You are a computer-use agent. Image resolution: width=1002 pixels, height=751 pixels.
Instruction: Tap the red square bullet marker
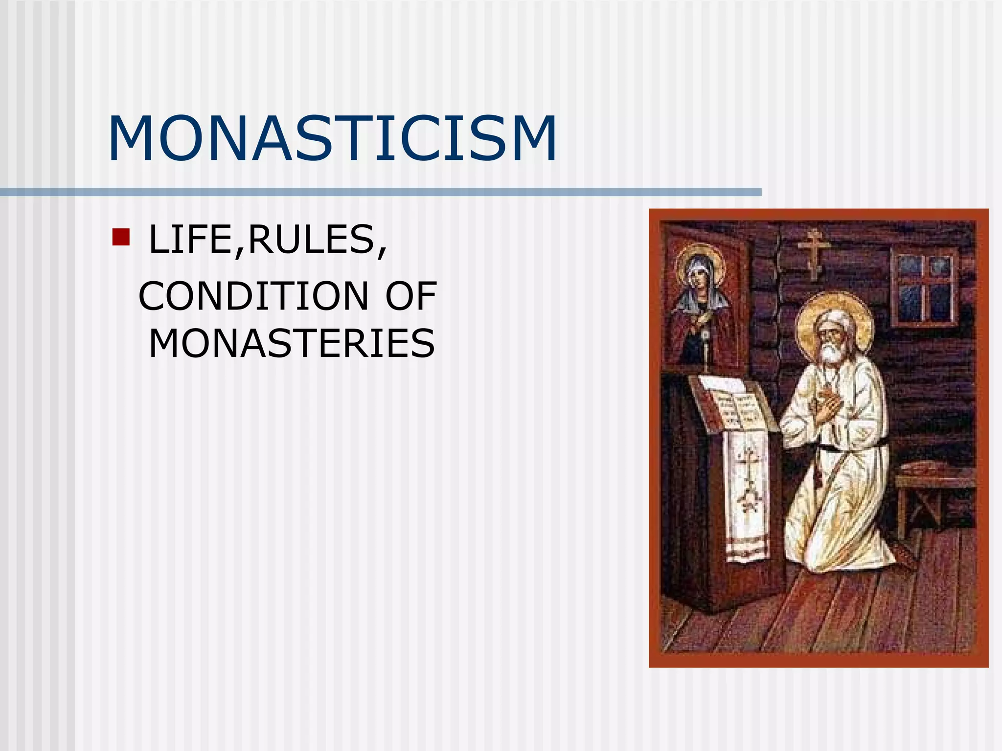120,237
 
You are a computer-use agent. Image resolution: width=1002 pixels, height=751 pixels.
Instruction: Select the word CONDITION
253,296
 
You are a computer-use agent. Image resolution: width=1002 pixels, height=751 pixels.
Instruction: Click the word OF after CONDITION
411,296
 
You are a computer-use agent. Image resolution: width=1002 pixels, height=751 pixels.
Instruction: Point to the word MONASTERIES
292,344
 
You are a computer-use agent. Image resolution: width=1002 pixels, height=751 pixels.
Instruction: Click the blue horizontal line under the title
381,192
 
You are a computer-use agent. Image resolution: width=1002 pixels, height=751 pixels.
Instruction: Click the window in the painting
924,286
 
